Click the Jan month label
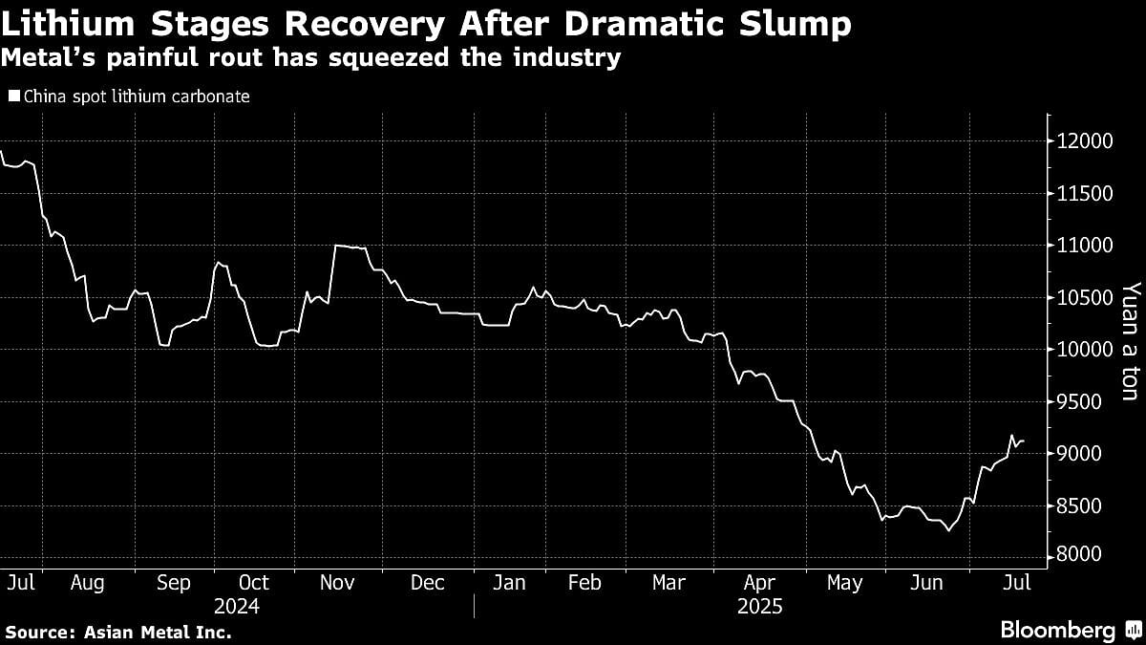[x=508, y=582]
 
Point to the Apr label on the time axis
[x=759, y=582]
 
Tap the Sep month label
[x=173, y=582]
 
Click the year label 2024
[x=236, y=606]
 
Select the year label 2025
[x=759, y=606]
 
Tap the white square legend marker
[x=13, y=97]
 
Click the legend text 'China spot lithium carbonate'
[x=136, y=97]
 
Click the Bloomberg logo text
[x=1057, y=630]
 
